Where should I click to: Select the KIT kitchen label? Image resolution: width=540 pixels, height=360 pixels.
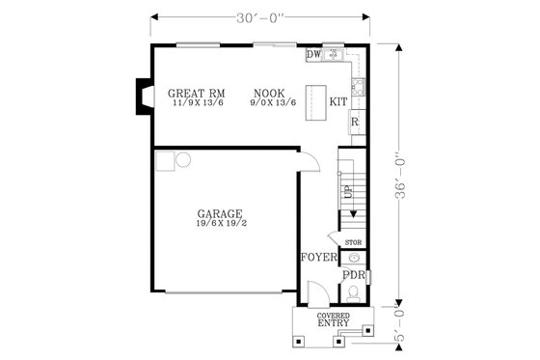[338, 101]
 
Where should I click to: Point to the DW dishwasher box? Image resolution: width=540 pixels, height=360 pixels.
[313, 55]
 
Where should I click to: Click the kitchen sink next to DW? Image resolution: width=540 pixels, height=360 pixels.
[334, 55]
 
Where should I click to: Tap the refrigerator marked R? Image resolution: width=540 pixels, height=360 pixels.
[355, 123]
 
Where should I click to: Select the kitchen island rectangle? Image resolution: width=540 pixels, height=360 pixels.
[316, 112]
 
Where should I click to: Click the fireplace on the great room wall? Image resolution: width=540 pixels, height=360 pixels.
[143, 96]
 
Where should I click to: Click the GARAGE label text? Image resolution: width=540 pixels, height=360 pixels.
[220, 213]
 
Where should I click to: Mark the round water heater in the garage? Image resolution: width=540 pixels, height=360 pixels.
[183, 160]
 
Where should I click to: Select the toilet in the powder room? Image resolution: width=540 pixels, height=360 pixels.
[354, 293]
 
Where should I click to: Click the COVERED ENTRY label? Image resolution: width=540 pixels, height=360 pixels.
[333, 319]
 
